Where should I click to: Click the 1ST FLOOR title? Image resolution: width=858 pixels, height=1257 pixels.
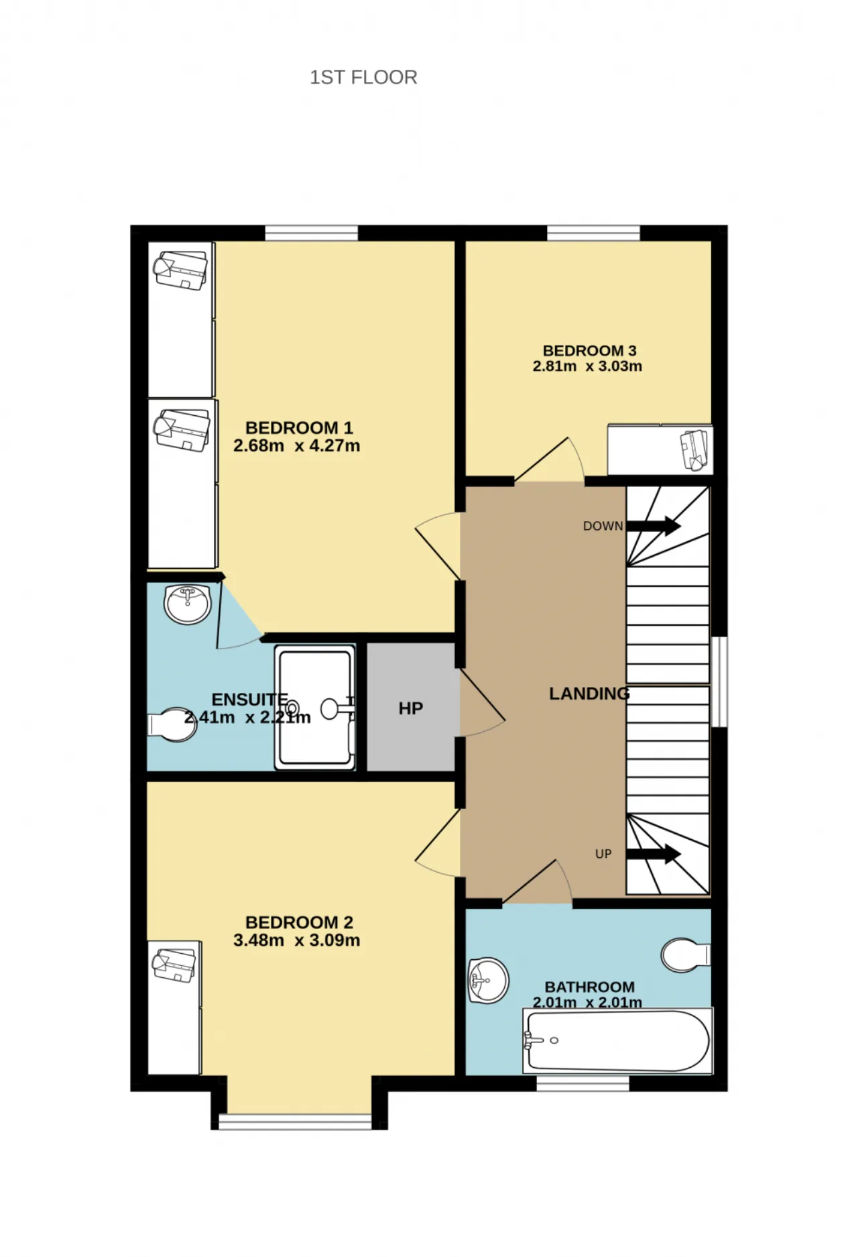click(363, 77)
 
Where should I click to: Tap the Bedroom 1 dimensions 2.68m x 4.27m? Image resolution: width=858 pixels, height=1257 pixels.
click(296, 445)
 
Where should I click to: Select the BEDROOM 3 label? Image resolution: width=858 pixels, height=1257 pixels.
click(589, 350)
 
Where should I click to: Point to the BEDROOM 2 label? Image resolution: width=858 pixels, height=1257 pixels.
click(299, 922)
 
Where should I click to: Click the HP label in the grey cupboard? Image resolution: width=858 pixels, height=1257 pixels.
click(411, 708)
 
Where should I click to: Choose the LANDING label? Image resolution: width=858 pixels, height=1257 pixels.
click(589, 694)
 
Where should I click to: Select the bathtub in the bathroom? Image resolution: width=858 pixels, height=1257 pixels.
click(617, 1041)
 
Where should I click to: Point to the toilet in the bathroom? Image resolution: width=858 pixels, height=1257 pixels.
click(685, 954)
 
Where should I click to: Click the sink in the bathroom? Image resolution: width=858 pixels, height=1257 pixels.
click(488, 981)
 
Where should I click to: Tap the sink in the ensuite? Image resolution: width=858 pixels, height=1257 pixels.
click(188, 604)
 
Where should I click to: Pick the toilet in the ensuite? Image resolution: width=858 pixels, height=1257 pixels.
click(172, 724)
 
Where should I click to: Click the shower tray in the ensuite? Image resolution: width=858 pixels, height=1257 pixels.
click(314, 708)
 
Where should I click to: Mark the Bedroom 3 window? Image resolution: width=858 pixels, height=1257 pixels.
click(593, 233)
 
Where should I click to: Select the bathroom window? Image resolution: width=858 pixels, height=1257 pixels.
click(583, 1083)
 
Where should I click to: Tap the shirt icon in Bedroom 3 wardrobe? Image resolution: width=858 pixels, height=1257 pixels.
click(694, 449)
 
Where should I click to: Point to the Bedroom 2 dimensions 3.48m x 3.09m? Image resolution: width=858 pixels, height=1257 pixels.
click(296, 940)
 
